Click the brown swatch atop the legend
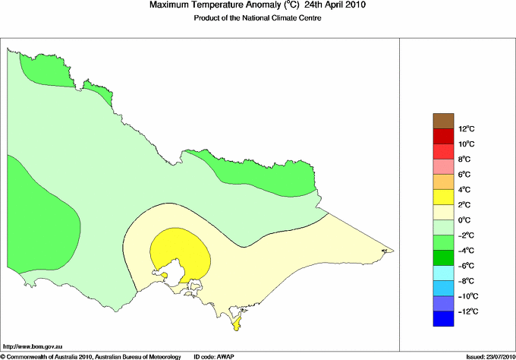pyautogui.click(x=443, y=120)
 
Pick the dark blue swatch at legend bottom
pyautogui.click(x=443, y=319)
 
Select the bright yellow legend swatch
pyautogui.click(x=443, y=197)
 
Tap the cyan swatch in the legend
pyautogui.click(x=443, y=273)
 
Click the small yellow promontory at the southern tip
pyautogui.click(x=236, y=326)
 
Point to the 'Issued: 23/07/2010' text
pyautogui.click(x=486, y=355)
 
